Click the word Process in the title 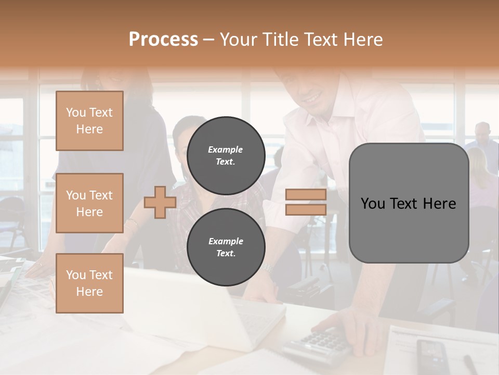163,39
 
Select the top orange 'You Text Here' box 89,121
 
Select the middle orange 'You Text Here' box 89,203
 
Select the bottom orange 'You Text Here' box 89,283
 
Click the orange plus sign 160,203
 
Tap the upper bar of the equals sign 306,195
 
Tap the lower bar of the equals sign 306,210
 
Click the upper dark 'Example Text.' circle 226,156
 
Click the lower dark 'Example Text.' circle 226,247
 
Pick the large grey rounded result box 409,203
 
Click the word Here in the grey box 439,204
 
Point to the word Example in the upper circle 226,149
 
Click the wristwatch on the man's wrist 267,268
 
